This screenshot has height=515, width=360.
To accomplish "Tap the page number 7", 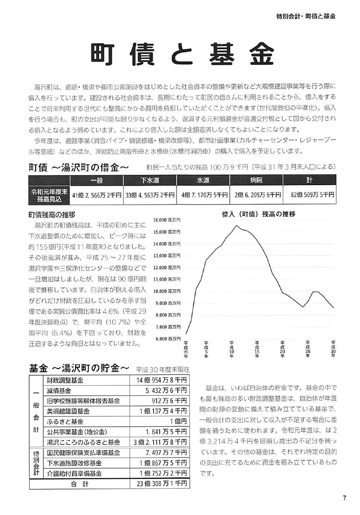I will (344, 498).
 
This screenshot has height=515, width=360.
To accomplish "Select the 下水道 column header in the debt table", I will (150, 180).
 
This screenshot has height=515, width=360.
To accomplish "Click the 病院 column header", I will (256, 180).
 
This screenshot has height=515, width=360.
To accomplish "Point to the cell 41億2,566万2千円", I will (96, 195).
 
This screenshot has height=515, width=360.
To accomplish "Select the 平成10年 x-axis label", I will (231, 349).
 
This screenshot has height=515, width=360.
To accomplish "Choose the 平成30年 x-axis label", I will (333, 349).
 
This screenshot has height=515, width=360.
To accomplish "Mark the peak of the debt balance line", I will (236, 225).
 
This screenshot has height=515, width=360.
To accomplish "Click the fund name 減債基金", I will (59, 391).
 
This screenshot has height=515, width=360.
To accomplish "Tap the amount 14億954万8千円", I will (162, 380).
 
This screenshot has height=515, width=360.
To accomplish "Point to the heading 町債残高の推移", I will (52, 215).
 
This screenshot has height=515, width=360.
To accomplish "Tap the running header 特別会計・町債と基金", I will (306, 16).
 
